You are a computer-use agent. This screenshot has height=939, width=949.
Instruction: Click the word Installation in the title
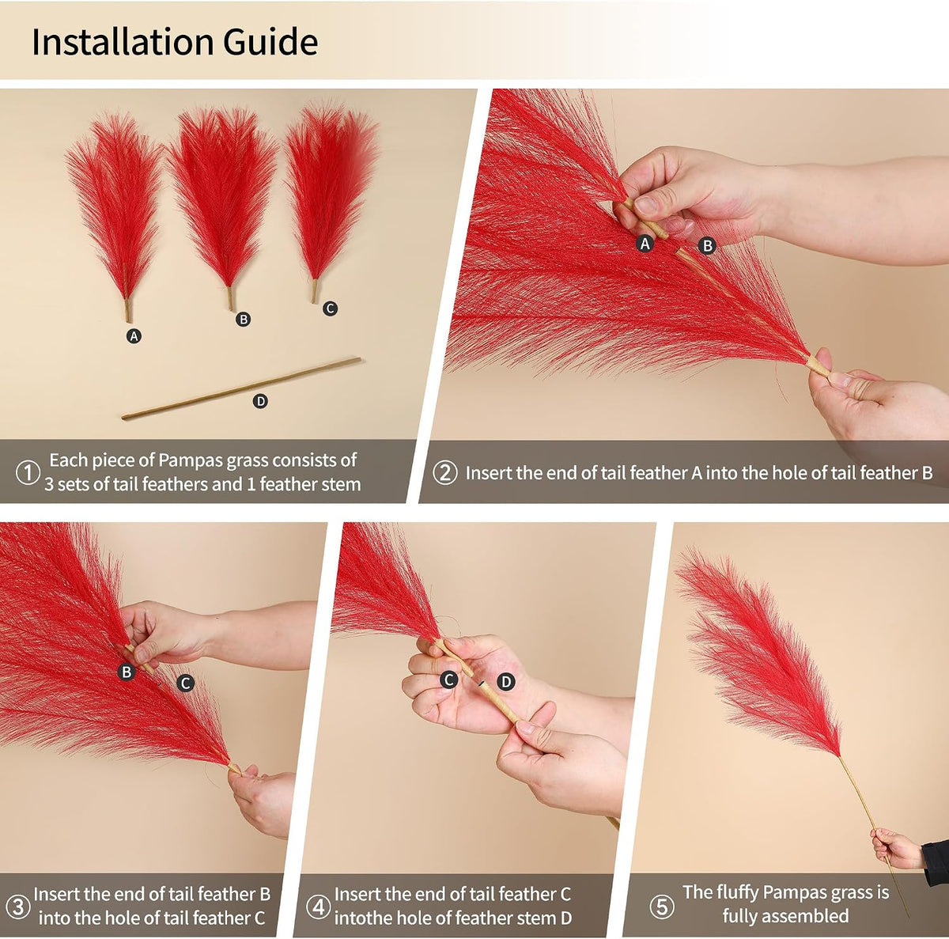click(x=122, y=42)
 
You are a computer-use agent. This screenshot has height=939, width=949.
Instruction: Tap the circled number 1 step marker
click(x=28, y=472)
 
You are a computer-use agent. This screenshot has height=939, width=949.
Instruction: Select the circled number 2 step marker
click(x=444, y=472)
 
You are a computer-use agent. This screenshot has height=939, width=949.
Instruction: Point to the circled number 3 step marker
click(x=17, y=907)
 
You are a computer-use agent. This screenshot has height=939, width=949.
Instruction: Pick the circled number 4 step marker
click(x=318, y=907)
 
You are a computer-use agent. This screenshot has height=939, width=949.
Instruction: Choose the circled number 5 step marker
click(x=661, y=907)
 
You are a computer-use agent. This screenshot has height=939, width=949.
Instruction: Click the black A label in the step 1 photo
click(x=134, y=336)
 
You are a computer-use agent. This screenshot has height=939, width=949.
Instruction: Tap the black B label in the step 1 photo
click(x=243, y=320)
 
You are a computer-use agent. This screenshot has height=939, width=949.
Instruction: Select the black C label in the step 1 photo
click(x=330, y=309)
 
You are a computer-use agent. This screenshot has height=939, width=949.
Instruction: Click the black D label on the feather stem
click(x=260, y=402)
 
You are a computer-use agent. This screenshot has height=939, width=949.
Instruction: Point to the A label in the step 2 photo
click(x=645, y=244)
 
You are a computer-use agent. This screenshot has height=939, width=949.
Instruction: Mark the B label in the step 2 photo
click(x=708, y=245)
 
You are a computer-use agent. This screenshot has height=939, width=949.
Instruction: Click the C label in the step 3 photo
click(x=186, y=683)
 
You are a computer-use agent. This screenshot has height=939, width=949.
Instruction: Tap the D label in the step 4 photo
click(x=506, y=682)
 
